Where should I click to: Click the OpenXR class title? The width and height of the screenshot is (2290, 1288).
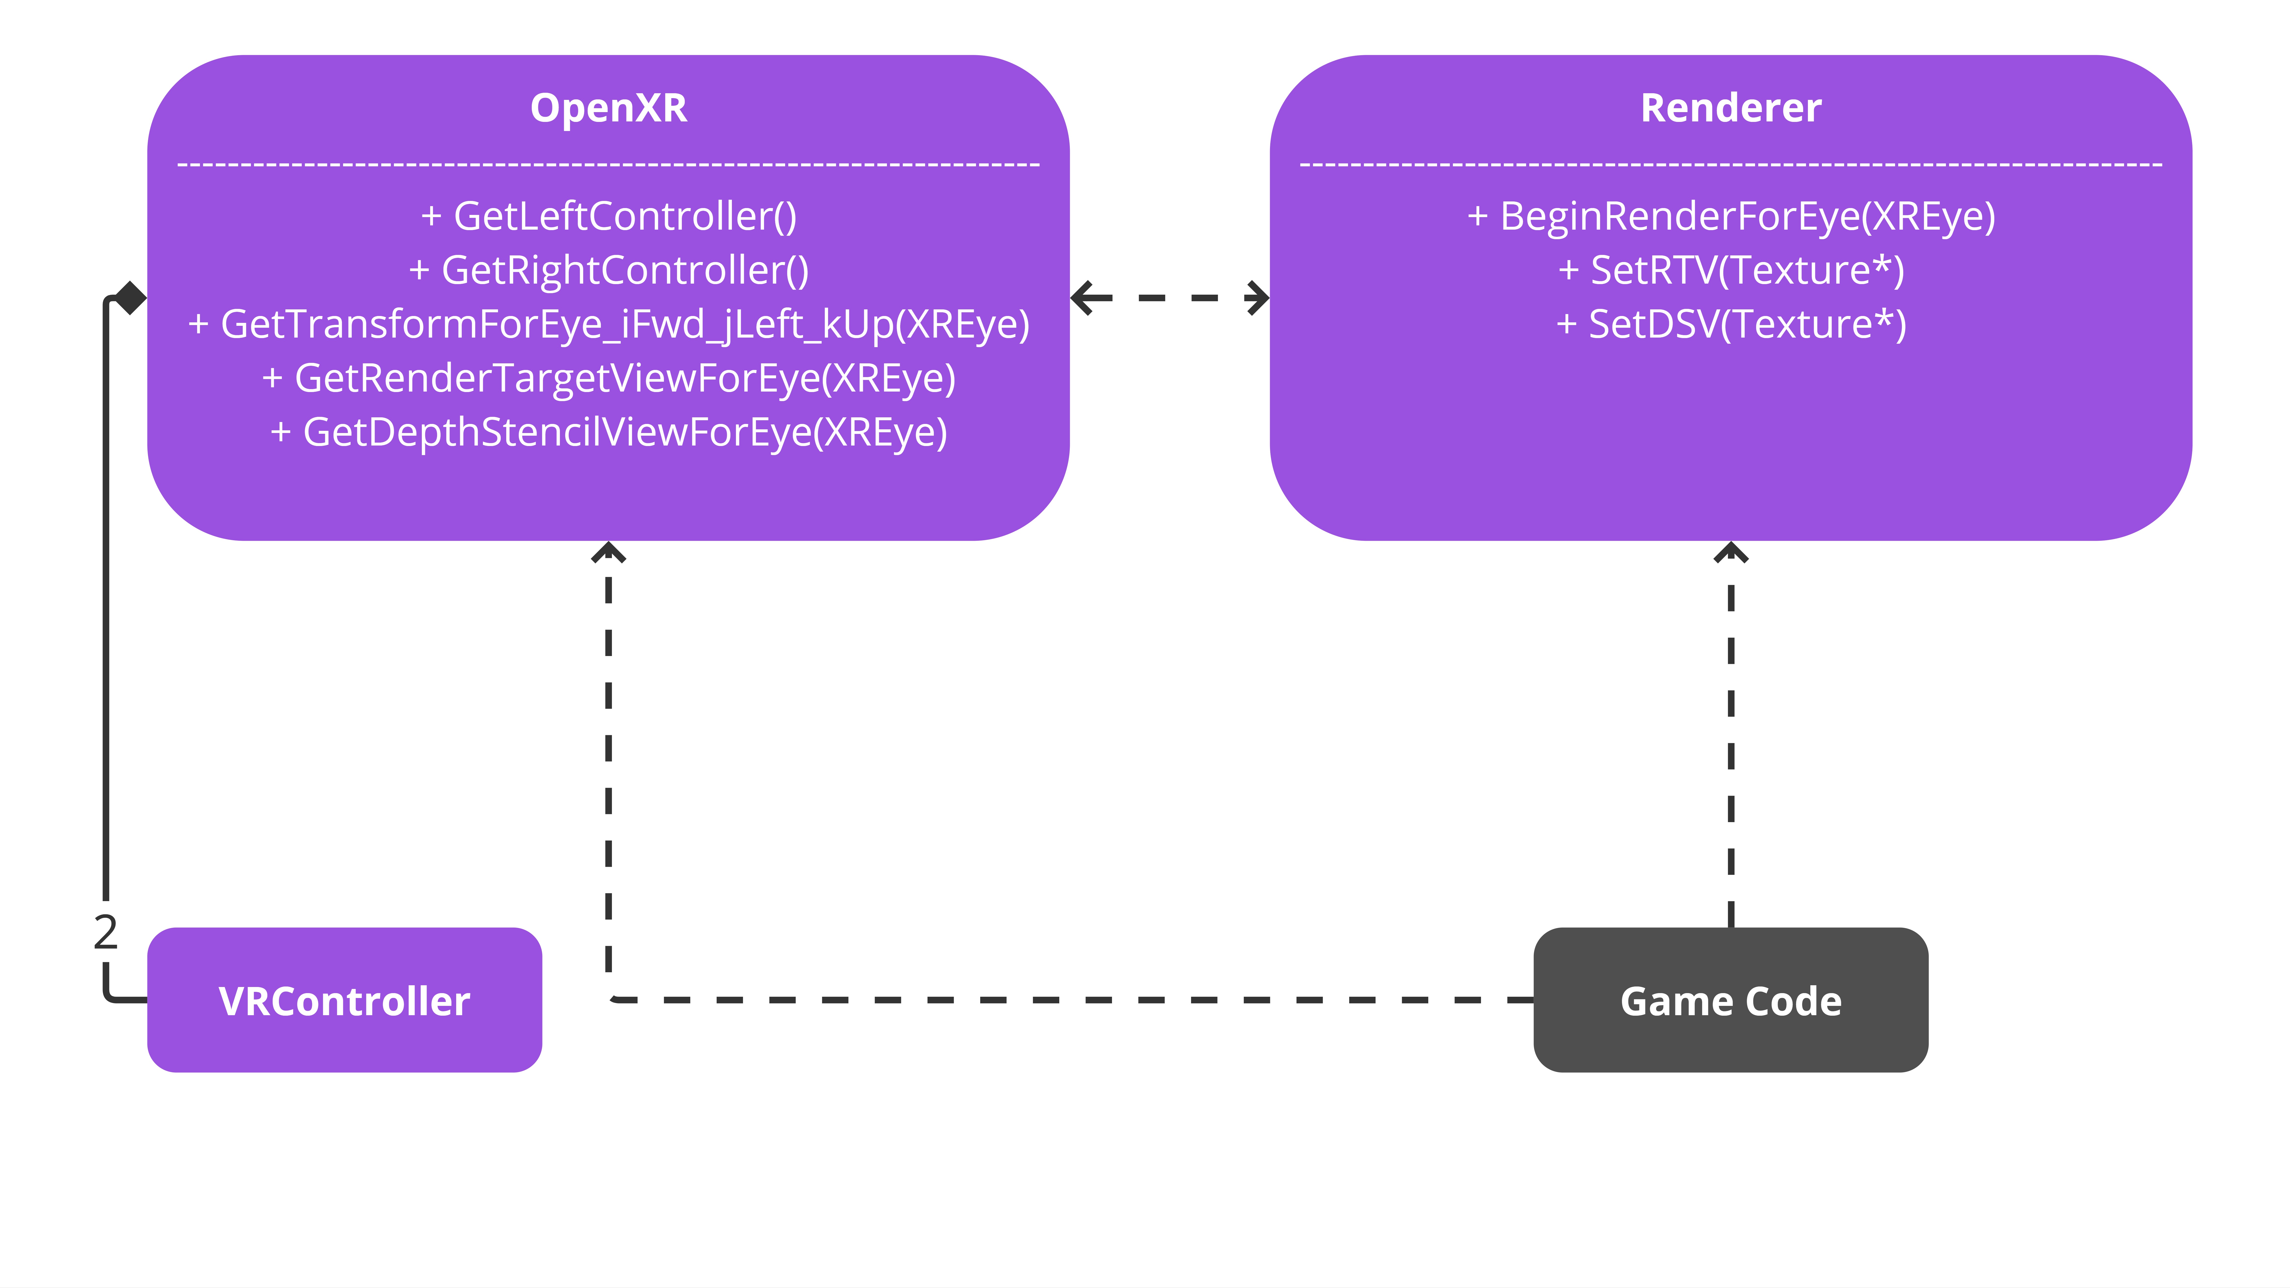click(x=609, y=108)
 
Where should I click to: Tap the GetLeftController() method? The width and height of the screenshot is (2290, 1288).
click(x=609, y=216)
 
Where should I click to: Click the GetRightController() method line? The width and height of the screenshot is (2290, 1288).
click(x=609, y=270)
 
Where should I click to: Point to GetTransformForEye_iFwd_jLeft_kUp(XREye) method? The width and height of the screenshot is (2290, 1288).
click(x=609, y=324)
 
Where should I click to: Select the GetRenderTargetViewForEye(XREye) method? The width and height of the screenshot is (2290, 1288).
click(x=609, y=379)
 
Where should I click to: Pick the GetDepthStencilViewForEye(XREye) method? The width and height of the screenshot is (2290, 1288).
click(x=609, y=433)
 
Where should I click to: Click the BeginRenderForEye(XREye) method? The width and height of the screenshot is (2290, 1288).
click(x=1731, y=216)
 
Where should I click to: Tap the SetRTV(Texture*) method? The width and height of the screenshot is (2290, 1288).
click(x=1731, y=270)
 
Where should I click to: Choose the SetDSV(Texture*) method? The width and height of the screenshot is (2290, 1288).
click(x=1731, y=324)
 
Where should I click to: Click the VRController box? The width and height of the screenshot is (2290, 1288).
click(x=345, y=1000)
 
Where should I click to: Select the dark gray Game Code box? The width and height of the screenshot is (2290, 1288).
click(x=1731, y=1000)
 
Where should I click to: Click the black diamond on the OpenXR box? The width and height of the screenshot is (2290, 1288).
click(x=130, y=298)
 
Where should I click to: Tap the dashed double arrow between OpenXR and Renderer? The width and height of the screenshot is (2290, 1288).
click(x=1170, y=298)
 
